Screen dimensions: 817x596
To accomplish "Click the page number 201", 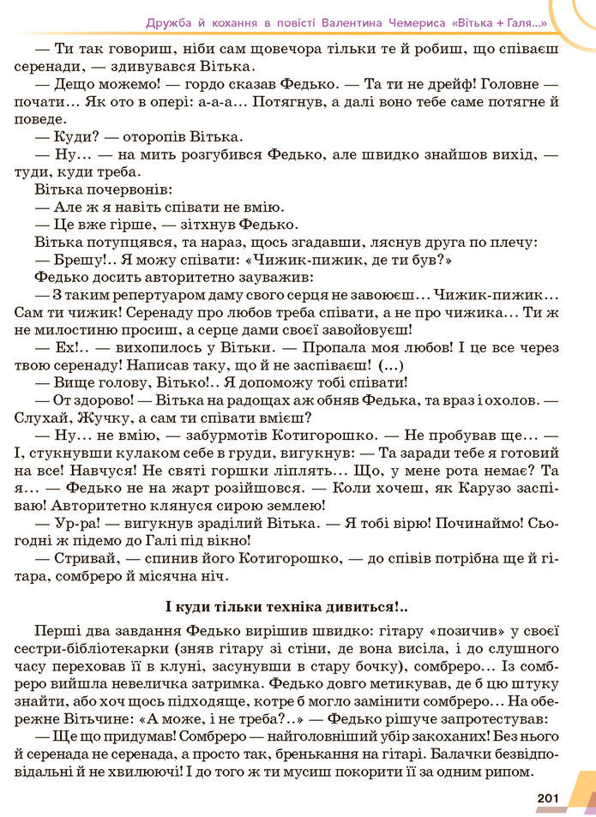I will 548,799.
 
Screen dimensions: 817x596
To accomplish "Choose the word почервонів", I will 127,188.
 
